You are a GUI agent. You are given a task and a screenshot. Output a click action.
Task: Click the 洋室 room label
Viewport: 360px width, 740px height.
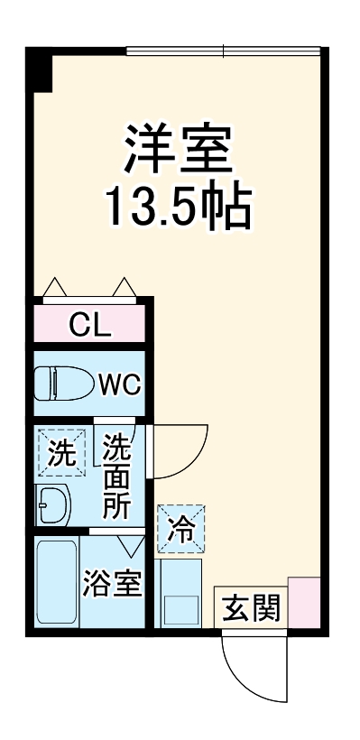[180, 150]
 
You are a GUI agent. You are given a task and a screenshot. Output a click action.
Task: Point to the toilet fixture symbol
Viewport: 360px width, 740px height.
[63, 384]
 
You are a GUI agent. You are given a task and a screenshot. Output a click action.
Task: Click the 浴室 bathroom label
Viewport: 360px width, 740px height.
[112, 584]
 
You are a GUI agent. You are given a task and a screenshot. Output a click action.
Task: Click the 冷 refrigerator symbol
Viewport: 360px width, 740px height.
[181, 528]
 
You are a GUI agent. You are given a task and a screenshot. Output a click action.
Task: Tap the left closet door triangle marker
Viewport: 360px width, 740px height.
[53, 288]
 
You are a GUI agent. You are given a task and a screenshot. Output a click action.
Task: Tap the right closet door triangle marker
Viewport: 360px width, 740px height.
[125, 288]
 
